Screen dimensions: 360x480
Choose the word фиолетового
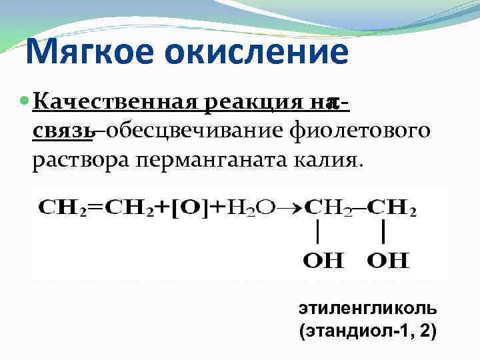tap(361, 131)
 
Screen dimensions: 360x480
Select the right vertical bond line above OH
tap(385, 234)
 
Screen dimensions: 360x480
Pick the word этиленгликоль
tap(368, 309)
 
